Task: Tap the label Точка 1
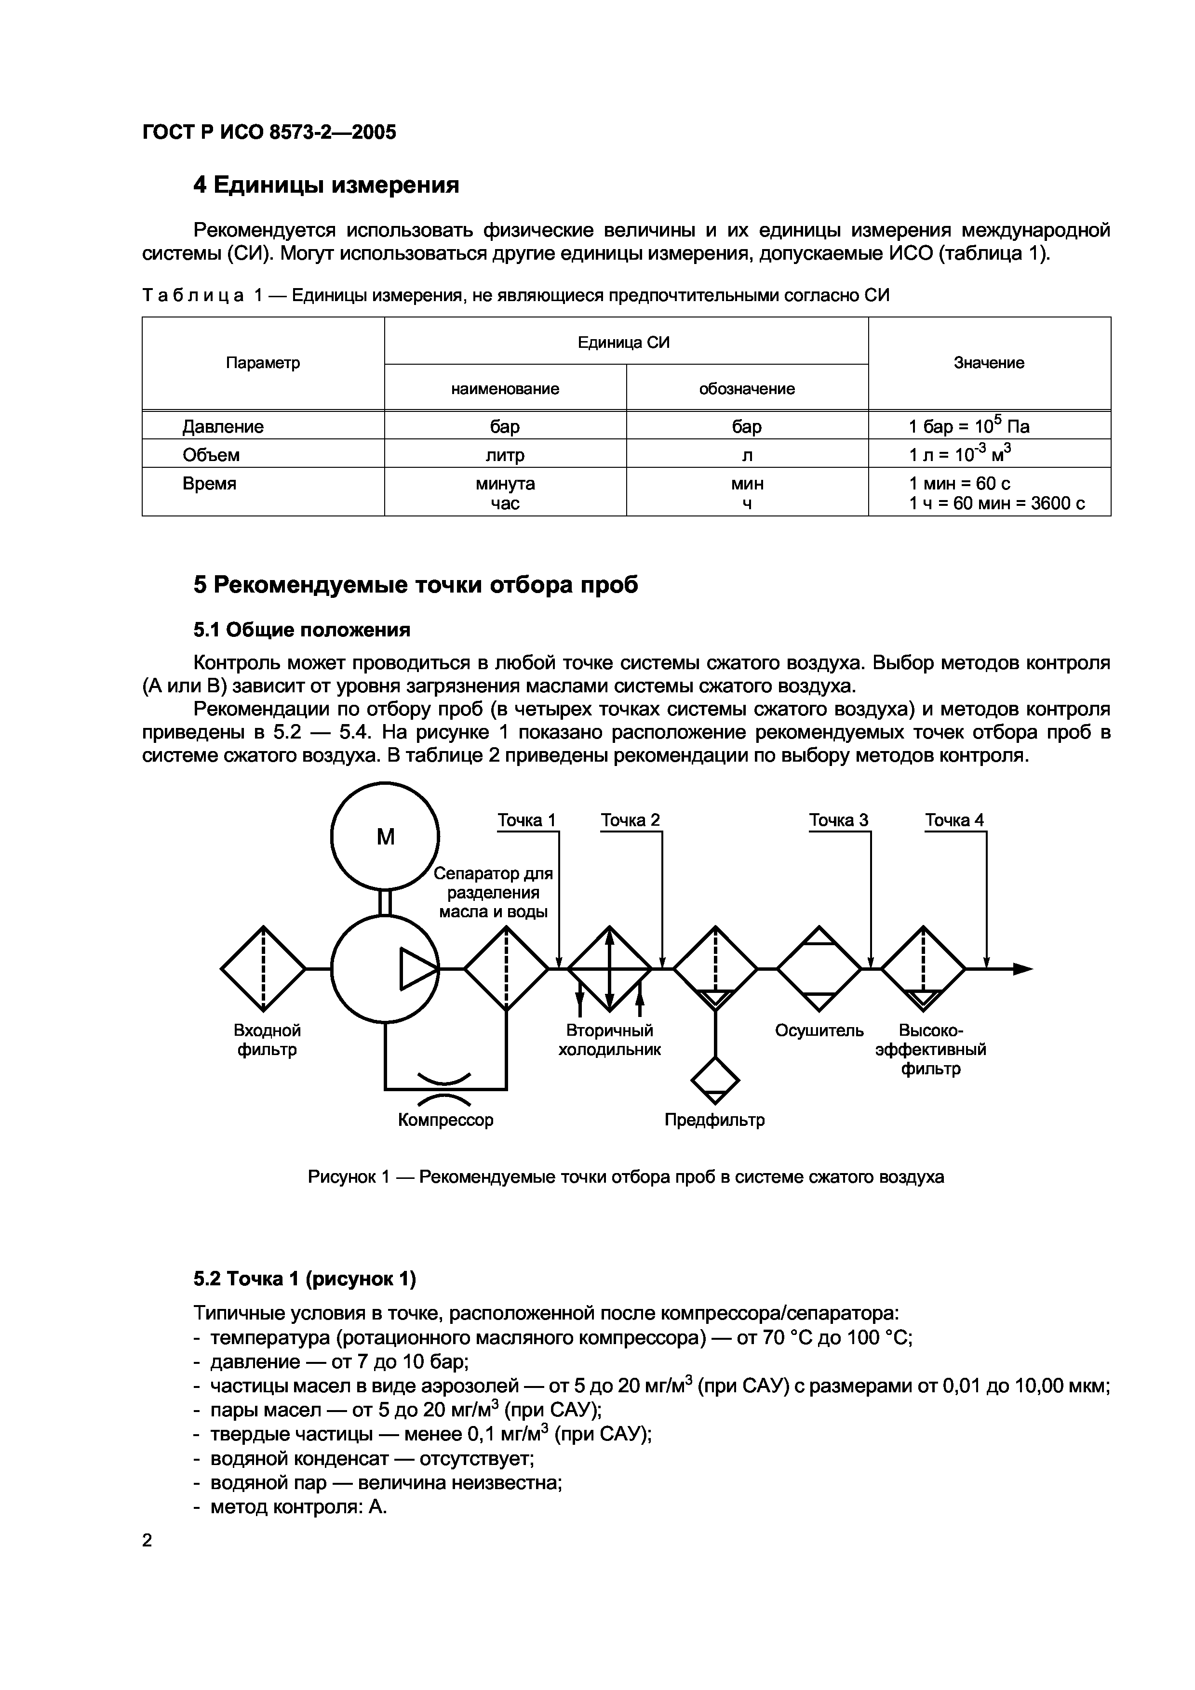click(x=526, y=820)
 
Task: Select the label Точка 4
click(x=954, y=820)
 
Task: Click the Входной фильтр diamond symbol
click(x=263, y=969)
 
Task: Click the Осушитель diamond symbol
click(x=819, y=969)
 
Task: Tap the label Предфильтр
click(x=714, y=1120)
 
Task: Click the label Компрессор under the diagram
click(x=445, y=1120)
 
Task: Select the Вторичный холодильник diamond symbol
click(x=609, y=969)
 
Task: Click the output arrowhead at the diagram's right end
click(x=1023, y=969)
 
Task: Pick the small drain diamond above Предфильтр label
click(x=715, y=1081)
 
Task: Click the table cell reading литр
click(x=505, y=455)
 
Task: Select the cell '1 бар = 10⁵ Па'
click(x=968, y=426)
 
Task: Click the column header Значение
click(x=989, y=363)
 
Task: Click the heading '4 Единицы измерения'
click(x=326, y=185)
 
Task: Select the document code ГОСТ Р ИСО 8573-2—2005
click(x=269, y=132)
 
